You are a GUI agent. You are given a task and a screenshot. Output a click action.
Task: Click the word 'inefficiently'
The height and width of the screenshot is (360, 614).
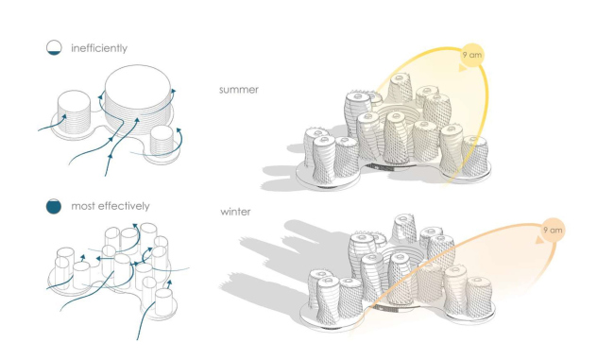coord(99,48)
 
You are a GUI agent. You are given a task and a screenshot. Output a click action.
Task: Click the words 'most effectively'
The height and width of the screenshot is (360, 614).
coord(111,206)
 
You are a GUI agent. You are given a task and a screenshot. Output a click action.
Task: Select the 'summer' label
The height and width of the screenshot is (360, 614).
coord(239,90)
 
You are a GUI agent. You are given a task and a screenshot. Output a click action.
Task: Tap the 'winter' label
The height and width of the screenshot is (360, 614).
coord(235,212)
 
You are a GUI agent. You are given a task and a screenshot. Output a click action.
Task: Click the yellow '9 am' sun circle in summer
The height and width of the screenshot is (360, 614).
coord(472,55)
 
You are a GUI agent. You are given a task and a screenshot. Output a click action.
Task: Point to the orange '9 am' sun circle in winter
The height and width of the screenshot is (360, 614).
coord(553,230)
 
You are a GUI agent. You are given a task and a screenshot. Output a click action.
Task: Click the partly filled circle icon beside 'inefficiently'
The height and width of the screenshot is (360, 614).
coord(54,47)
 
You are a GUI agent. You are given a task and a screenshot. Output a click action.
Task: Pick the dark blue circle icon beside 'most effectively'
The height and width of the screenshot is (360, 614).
coord(54,206)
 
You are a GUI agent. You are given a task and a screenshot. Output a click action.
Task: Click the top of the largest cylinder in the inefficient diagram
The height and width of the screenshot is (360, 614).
coord(138,87)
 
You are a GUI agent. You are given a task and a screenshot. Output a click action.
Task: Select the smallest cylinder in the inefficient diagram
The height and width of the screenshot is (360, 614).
coord(162,141)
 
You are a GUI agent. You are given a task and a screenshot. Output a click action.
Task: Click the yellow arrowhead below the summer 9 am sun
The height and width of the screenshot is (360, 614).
coord(463,68)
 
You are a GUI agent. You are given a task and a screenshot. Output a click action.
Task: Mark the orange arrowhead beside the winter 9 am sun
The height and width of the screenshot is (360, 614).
coord(539,239)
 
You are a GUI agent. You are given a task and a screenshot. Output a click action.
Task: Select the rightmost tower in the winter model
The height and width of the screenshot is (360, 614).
coord(479,297)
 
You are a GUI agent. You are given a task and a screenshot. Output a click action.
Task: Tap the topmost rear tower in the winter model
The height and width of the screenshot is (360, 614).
coord(404,229)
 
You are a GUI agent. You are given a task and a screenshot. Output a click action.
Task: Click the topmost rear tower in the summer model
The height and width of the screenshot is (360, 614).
coord(401,88)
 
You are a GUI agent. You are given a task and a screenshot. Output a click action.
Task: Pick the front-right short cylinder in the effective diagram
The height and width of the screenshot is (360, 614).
coord(163,301)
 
